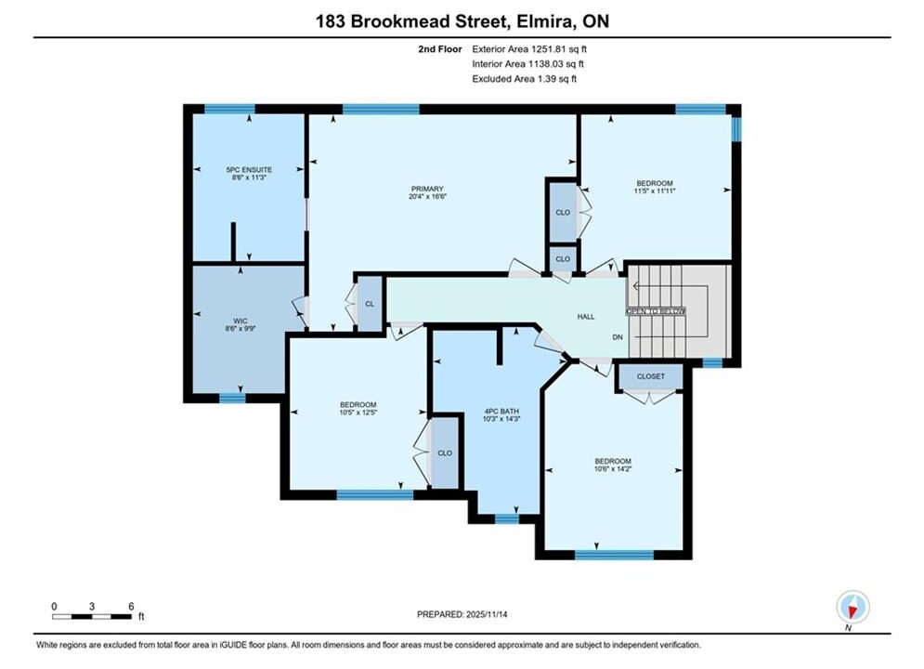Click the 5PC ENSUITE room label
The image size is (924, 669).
coord(249,170)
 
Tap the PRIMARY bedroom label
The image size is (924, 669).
coord(427,190)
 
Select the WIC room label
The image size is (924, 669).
coord(240,321)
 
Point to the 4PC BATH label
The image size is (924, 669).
coord(501,412)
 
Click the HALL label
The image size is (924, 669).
coord(586,317)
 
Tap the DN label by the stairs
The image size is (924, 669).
coord(618,337)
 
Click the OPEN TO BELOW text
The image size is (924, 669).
coord(656,311)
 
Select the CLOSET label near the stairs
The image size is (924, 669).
coord(651,376)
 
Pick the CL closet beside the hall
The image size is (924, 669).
coord(370,304)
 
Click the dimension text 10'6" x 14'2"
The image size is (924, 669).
coord(613,469)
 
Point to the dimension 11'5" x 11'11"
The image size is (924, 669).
coord(654,191)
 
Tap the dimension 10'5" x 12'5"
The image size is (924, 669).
coord(358,413)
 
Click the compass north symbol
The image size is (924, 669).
coord(852,607)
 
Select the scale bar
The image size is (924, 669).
coord(92,617)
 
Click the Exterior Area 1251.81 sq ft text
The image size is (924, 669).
coord(529,49)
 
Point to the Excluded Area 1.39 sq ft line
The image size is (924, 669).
coord(524,79)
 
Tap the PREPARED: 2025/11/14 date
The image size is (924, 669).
coord(462,614)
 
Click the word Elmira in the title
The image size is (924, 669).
coord(544,21)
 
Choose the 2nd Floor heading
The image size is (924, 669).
coord(440,49)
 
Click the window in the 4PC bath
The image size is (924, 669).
coord(507,518)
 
